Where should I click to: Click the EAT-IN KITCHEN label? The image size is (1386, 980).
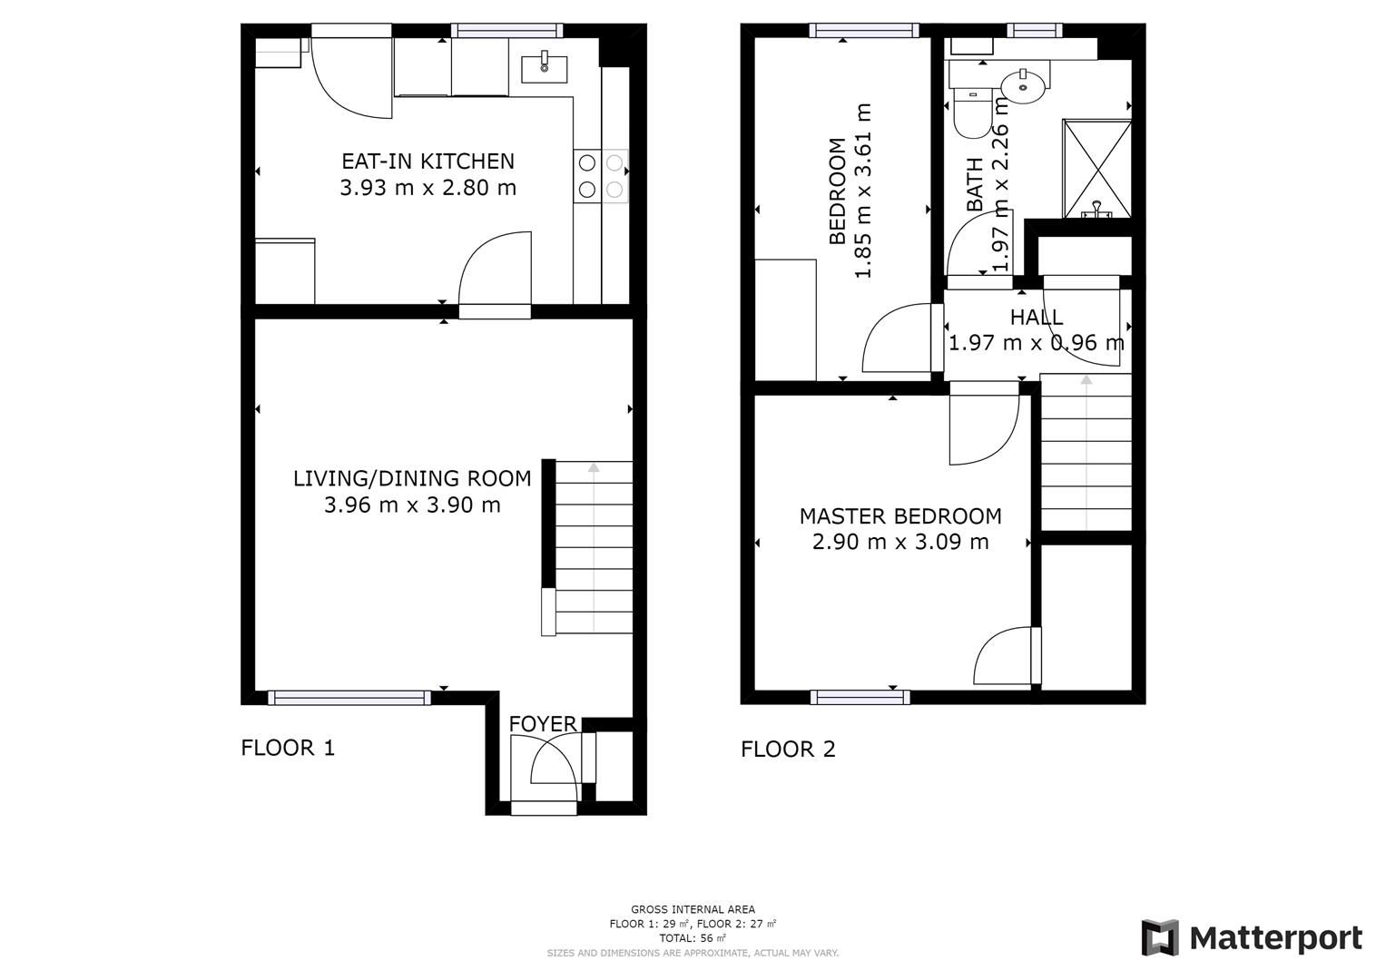tap(428, 162)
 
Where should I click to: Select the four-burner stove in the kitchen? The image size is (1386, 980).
tap(601, 176)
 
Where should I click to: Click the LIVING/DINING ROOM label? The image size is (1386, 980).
tap(412, 478)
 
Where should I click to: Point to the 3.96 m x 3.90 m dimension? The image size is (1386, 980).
tap(412, 505)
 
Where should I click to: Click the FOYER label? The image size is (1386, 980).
tap(543, 723)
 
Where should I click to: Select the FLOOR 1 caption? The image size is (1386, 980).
tap(288, 748)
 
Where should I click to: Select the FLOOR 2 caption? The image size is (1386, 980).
tap(788, 749)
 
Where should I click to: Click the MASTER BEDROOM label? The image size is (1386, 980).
tap(900, 516)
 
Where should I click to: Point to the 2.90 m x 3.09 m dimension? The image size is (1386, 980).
tap(900, 543)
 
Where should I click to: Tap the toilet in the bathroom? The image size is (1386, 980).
tap(973, 113)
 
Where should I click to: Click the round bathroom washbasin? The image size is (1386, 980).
tap(1024, 86)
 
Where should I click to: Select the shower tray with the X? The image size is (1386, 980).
tap(1097, 169)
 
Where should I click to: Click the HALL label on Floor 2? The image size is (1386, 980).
tap(1037, 318)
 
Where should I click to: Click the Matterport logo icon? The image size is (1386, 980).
tap(1160, 937)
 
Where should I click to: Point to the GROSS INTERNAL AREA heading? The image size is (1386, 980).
tap(693, 909)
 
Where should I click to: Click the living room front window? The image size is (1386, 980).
tap(349, 697)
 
